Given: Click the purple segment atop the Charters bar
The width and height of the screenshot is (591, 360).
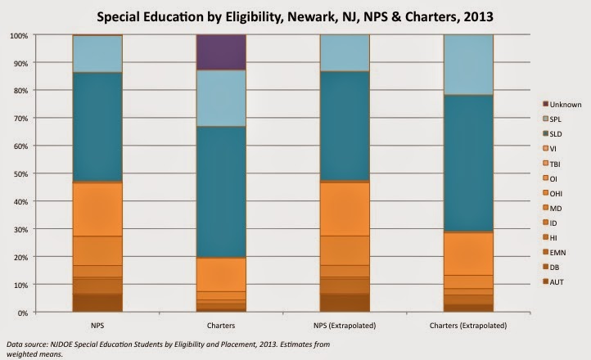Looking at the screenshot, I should click(x=222, y=52).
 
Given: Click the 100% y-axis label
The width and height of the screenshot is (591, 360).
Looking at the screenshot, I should click(x=18, y=36).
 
